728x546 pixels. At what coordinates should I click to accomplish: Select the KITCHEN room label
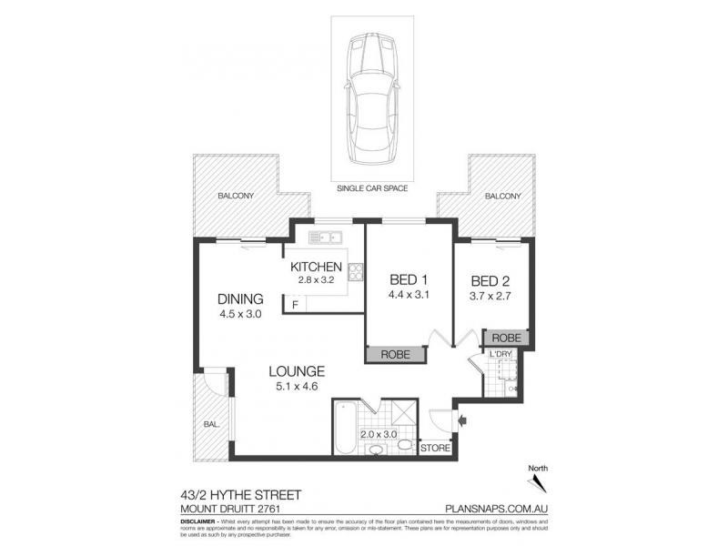pos(316,267)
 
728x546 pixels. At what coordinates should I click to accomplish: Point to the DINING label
pos(240,298)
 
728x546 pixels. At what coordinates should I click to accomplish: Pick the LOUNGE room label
pos(297,371)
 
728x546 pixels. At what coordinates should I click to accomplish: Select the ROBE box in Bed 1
pos(395,354)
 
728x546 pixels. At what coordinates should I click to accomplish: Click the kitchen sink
pos(325,238)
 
